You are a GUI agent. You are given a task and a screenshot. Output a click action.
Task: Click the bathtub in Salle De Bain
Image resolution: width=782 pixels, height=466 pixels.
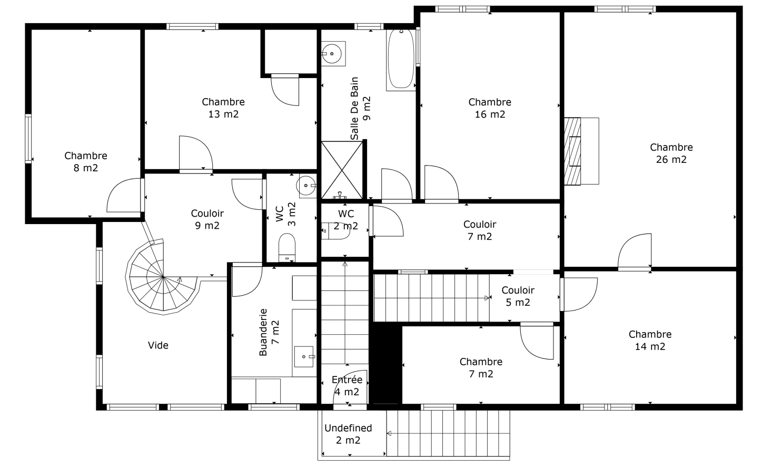(401, 59)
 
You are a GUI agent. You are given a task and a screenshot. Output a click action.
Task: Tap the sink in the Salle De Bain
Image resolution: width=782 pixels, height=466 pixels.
(333, 53)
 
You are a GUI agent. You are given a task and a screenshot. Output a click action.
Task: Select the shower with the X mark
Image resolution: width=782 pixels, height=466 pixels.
(342, 170)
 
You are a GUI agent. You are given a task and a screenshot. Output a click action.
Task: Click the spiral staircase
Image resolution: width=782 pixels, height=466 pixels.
(160, 278)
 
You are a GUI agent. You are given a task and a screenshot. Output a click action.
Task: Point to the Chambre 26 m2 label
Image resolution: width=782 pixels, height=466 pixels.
(671, 153)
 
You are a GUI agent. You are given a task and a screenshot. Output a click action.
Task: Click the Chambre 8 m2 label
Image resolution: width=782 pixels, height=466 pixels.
(86, 162)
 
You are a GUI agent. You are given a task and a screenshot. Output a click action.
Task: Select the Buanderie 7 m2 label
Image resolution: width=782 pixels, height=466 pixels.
(269, 332)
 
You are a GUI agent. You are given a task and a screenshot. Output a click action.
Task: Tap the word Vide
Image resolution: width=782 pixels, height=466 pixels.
(158, 345)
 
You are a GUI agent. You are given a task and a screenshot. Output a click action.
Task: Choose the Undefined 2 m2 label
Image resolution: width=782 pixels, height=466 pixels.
(348, 434)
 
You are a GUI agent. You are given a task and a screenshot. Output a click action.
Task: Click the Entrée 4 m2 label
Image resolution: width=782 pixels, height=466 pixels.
(347, 386)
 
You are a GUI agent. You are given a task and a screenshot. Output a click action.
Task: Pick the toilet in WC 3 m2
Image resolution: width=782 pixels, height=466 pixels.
(287, 247)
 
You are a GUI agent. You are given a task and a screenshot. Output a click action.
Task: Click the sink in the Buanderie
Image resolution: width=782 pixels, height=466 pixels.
(304, 356)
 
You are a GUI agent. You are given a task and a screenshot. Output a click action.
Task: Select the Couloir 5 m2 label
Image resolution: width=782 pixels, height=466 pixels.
(518, 296)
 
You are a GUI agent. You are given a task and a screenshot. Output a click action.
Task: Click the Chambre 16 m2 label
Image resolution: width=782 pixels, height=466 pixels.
(490, 108)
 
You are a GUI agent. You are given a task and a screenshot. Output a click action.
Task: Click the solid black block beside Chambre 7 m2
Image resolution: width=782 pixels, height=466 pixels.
(387, 364)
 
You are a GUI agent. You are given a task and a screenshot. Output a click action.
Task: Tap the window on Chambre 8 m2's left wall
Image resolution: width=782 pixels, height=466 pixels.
(28, 139)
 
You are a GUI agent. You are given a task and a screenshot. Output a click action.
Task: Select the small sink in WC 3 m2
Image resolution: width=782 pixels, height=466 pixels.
(306, 186)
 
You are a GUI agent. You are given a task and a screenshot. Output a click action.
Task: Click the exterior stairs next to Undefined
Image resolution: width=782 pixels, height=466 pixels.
(449, 433)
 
